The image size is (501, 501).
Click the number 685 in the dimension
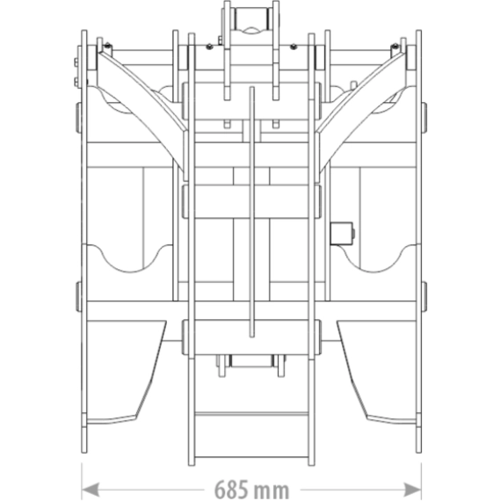click(x=231, y=489)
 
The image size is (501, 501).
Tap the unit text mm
click(x=272, y=490)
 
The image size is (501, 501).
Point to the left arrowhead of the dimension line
click(x=91, y=489)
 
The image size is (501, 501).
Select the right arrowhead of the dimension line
click(x=412, y=489)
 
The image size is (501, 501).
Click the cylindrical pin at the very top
click(x=251, y=19)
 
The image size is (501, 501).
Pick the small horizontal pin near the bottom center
click(x=251, y=360)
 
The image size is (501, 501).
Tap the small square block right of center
click(x=341, y=234)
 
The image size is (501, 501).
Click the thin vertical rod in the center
click(x=251, y=212)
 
